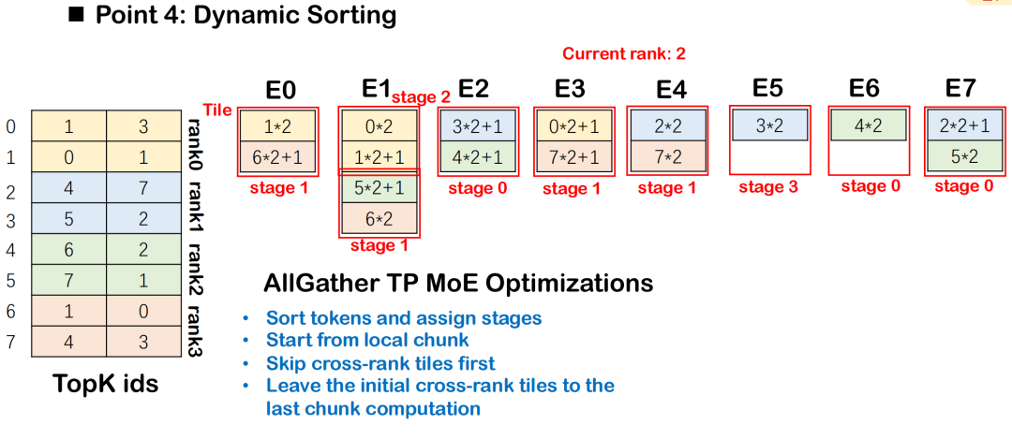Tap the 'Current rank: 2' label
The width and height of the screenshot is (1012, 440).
pyautogui.click(x=623, y=53)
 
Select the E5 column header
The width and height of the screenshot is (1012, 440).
pyautogui.click(x=767, y=88)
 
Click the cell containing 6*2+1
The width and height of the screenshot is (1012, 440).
pyautogui.click(x=279, y=156)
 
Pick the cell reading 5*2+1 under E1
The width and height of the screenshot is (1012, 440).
pyautogui.click(x=379, y=188)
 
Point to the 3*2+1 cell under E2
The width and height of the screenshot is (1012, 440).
pyautogui.click(x=478, y=125)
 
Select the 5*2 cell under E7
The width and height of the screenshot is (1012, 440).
pyautogui.click(x=966, y=156)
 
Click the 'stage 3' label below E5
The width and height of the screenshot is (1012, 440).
pyautogui.click(x=768, y=188)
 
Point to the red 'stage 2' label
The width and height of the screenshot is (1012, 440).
pyautogui.click(x=421, y=97)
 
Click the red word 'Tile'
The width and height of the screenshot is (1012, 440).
pyautogui.click(x=217, y=110)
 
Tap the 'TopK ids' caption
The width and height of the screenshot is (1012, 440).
pyautogui.click(x=106, y=385)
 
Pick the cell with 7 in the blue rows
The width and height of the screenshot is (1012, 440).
pyautogui.click(x=143, y=188)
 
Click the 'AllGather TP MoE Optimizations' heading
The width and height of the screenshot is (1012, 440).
pyautogui.click(x=458, y=284)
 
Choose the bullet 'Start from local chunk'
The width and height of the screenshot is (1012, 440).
pyautogui.click(x=367, y=340)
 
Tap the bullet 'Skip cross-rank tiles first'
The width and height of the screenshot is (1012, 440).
pyautogui.click(x=380, y=362)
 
